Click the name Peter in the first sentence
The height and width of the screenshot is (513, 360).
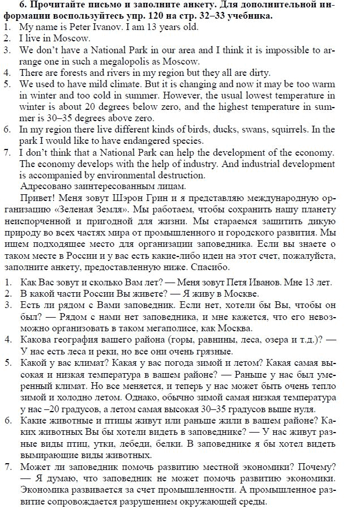74,27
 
